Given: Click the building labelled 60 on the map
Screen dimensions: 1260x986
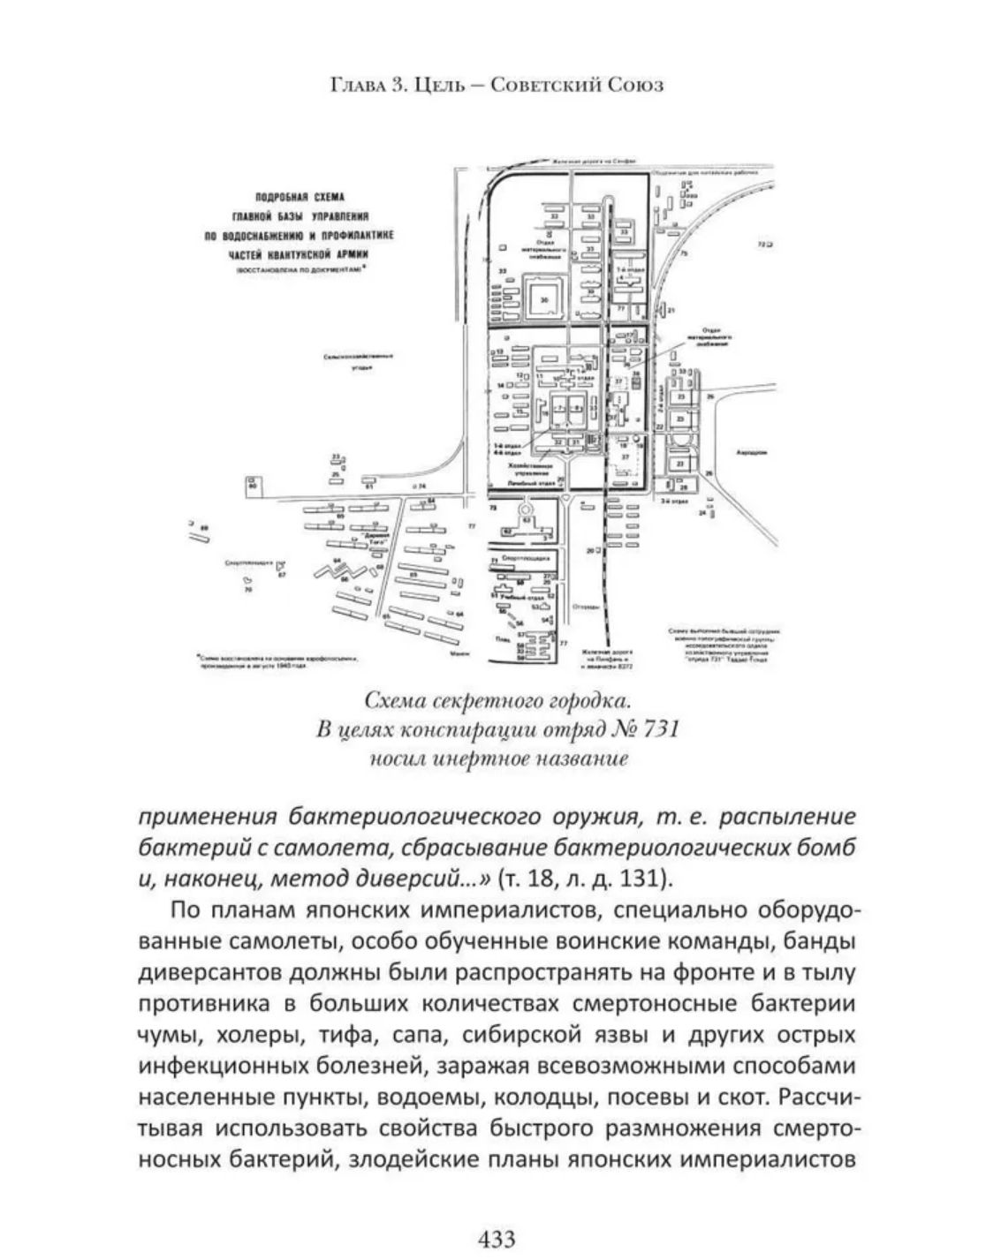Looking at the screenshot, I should pyautogui.click(x=253, y=485).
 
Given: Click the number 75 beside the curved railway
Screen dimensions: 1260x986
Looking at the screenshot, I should pyautogui.click(x=683, y=253).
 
